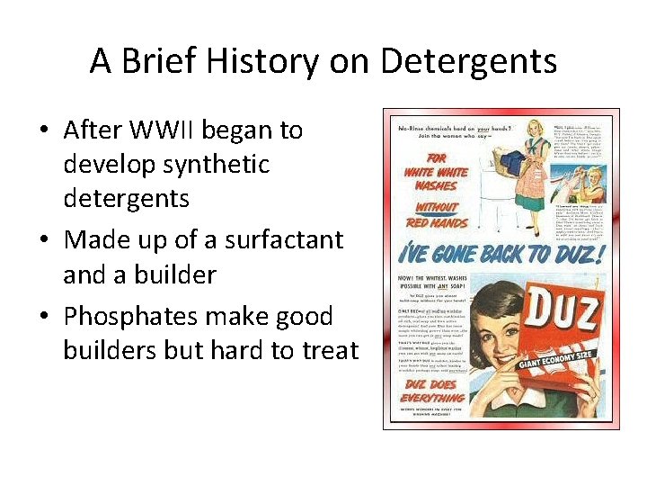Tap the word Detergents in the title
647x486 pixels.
click(x=468, y=62)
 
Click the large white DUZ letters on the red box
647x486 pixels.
click(x=551, y=310)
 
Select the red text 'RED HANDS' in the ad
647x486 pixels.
click(x=436, y=221)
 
